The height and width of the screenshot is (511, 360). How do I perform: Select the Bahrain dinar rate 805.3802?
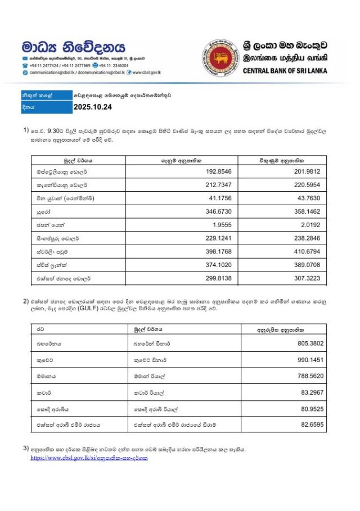[308, 342]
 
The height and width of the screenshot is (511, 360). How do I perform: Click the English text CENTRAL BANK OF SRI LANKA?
[285, 71]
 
